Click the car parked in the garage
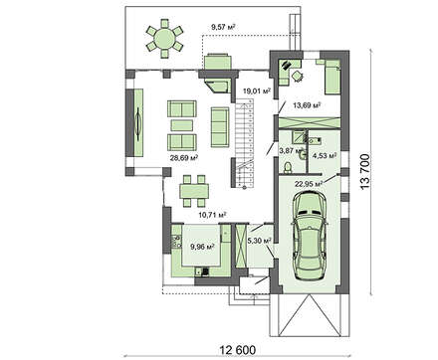click(312, 232)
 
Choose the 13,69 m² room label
click(305, 104)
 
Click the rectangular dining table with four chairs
click(190, 188)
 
